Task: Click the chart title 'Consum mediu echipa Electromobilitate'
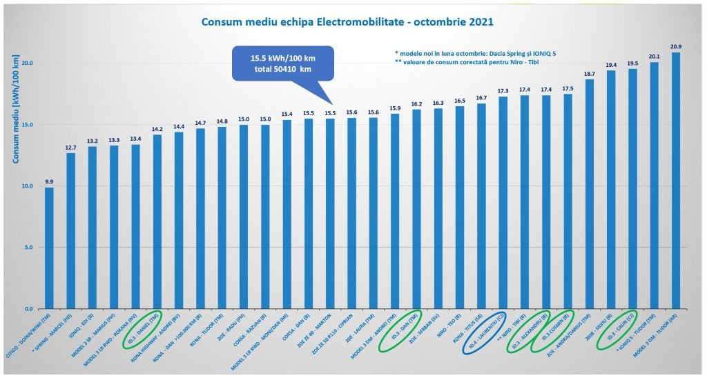pos(347,22)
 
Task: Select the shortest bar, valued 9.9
pos(49,248)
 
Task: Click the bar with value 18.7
pos(590,194)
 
